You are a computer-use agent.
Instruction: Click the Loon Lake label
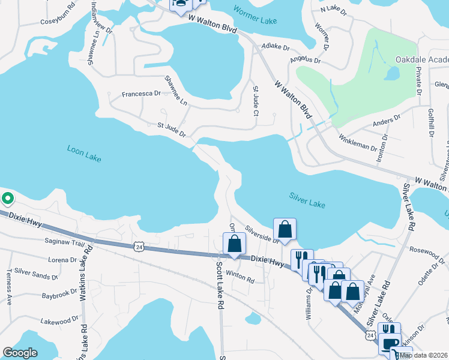(x=84, y=153)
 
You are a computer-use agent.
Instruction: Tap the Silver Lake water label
(x=307, y=200)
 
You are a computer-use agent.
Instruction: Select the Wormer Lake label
(x=256, y=20)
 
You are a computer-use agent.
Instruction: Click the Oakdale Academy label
(x=421, y=59)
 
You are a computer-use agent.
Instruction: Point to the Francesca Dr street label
(x=142, y=94)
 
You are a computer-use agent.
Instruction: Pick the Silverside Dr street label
(x=262, y=235)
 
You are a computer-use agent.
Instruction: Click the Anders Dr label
(x=386, y=122)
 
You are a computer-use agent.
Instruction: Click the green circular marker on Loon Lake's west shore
(x=7, y=197)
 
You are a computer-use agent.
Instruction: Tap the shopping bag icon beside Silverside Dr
(x=285, y=229)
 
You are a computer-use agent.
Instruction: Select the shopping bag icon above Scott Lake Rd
(x=234, y=244)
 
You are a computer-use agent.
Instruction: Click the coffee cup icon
(x=390, y=344)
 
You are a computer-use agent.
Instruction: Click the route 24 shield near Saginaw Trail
(x=139, y=246)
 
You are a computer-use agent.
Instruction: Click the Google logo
(x=20, y=353)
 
